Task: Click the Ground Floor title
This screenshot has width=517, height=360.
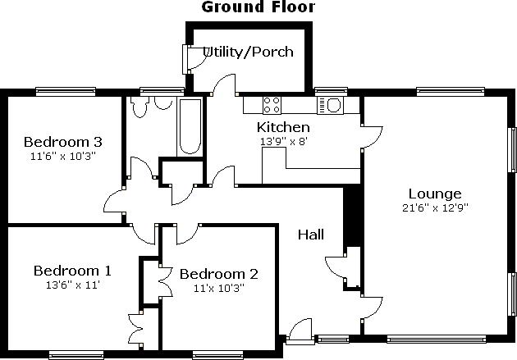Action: point(258,7)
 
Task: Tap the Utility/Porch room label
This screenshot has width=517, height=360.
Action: point(248,52)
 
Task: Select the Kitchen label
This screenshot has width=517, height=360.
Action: point(283,127)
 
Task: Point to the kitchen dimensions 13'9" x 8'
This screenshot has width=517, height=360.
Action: point(284,141)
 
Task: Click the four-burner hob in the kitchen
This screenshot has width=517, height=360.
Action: point(272,105)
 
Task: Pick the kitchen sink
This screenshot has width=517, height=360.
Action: point(330,106)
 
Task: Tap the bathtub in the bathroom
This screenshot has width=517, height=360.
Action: point(190,127)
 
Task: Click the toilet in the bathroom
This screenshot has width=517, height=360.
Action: point(140,107)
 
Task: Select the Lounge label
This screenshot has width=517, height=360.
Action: point(435,194)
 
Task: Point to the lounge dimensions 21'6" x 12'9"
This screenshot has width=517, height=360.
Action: point(435,207)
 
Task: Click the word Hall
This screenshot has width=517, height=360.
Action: point(310,235)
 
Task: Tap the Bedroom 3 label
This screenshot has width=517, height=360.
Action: point(63,142)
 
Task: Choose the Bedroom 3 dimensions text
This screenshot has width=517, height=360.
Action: point(63,156)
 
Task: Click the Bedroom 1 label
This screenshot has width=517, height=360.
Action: point(72,271)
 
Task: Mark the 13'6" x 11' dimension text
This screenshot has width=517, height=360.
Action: point(73,285)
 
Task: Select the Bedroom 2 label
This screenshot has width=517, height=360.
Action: point(219,274)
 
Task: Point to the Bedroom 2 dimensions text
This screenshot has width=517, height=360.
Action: point(219,288)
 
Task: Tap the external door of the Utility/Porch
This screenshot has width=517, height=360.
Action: point(194,59)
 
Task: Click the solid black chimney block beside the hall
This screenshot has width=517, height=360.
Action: point(352,216)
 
